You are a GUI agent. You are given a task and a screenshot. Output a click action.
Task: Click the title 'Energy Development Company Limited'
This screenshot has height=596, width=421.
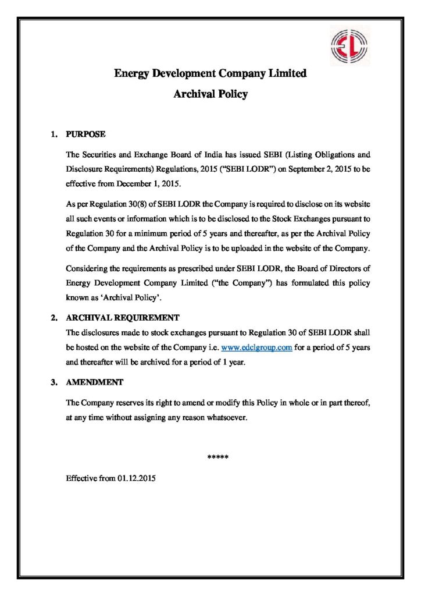(210, 74)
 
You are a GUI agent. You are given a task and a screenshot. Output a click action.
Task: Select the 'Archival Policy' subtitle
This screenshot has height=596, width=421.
(211, 94)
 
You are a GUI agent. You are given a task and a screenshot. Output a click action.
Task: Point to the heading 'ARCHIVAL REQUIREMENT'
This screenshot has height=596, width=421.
(123, 318)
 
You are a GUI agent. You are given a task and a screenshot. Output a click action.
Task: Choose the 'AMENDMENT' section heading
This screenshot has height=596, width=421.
(95, 382)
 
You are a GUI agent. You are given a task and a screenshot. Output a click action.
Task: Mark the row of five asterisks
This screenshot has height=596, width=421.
(218, 457)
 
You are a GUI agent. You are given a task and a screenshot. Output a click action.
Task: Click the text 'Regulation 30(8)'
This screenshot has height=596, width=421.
(105, 205)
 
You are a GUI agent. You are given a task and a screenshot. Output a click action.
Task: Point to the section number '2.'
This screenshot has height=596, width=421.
(53, 318)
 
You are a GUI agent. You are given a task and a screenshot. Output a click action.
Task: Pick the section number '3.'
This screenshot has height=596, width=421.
(53, 382)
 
